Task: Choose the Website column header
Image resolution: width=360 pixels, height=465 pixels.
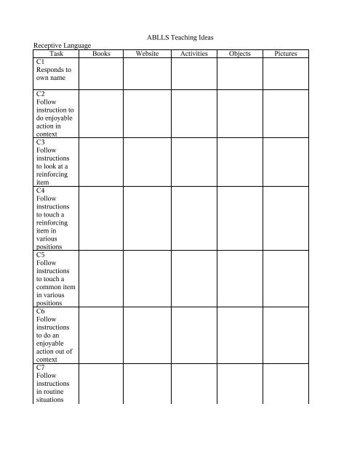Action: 145,54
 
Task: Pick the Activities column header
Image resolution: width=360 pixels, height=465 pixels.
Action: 194,54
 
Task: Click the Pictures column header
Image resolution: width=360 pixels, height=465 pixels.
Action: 285,54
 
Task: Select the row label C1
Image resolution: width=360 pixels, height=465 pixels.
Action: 41,63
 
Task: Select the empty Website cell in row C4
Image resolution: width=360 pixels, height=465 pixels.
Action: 145,218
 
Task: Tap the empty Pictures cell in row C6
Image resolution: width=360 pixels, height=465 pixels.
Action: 285,334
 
